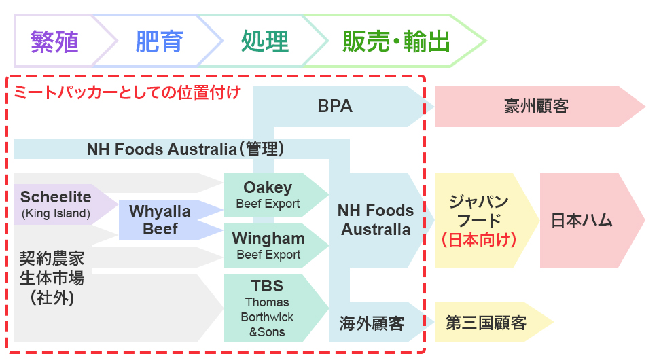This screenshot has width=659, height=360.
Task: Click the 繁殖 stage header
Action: click(54, 41)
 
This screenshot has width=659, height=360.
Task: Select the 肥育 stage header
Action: click(159, 41)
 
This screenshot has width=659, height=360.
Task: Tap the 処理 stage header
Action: click(264, 41)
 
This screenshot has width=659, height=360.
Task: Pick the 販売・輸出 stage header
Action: click(396, 41)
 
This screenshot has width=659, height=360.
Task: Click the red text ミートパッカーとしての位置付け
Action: click(127, 92)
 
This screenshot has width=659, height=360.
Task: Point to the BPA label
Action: click(335, 107)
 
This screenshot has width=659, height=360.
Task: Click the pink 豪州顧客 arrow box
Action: click(536, 107)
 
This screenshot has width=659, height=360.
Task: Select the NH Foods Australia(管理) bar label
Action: click(185, 149)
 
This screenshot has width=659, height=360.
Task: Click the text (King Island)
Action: click(56, 214)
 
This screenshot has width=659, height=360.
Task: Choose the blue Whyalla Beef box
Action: click(160, 220)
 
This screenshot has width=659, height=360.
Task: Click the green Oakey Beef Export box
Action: click(268, 194)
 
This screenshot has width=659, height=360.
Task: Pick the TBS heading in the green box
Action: click(267, 285)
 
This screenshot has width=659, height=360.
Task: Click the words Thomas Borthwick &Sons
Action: click(267, 317)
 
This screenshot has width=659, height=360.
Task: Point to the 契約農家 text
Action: click(52, 258)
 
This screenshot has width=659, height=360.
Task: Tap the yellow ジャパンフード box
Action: click(478, 211)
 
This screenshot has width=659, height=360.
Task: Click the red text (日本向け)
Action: click(478, 240)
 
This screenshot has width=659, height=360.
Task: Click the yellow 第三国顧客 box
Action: click(486, 322)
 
